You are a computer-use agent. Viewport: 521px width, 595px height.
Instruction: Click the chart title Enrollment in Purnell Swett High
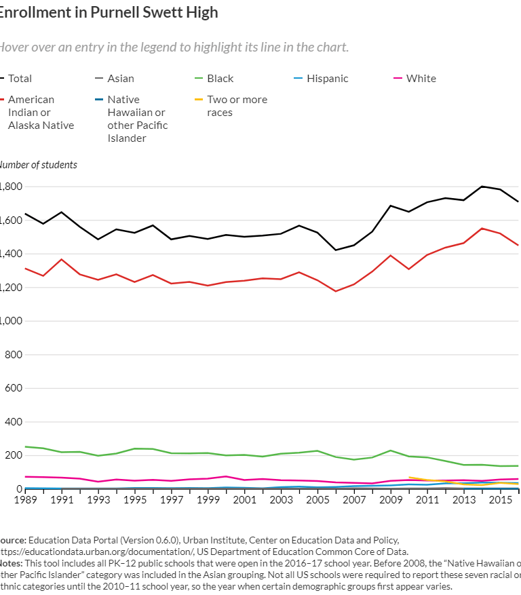click(x=109, y=13)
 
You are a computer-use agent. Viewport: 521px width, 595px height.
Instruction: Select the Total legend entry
click(x=20, y=79)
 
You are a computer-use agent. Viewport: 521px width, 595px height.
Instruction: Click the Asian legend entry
click(x=121, y=79)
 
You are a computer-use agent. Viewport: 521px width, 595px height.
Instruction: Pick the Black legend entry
click(x=220, y=79)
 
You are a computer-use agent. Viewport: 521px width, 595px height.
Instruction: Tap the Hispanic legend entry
click(x=327, y=79)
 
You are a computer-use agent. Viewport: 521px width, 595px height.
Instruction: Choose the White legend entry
click(x=421, y=79)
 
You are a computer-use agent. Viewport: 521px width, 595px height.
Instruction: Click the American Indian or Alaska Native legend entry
click(x=40, y=112)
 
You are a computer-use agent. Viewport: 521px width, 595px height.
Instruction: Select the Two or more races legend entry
click(x=237, y=106)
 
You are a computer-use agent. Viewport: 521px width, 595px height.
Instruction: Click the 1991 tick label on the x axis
click(x=62, y=499)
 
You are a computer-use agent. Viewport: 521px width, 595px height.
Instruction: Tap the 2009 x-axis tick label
click(x=391, y=499)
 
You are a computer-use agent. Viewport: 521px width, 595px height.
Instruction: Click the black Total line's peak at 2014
click(x=482, y=186)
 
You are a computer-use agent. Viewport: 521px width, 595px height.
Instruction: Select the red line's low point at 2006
click(x=335, y=292)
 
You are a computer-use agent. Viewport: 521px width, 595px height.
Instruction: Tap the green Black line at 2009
click(x=390, y=450)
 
